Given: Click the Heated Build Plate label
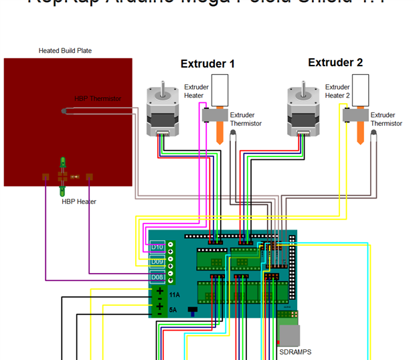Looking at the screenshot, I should (x=65, y=51).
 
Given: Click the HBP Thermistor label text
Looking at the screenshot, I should (x=98, y=99).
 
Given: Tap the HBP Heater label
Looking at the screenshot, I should (x=79, y=201).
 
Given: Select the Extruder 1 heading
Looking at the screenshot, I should (x=207, y=64).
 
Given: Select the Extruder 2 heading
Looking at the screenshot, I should (x=335, y=63).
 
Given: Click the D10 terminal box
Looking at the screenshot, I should (x=157, y=247).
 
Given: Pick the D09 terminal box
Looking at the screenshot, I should (x=157, y=262).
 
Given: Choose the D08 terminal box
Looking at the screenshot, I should (x=157, y=277).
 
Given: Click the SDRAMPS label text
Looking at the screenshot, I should (x=295, y=352).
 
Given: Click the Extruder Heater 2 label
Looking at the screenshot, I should (x=337, y=91).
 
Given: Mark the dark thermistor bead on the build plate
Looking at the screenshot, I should (x=63, y=111).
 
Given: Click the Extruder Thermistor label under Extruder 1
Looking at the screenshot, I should (x=246, y=119).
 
